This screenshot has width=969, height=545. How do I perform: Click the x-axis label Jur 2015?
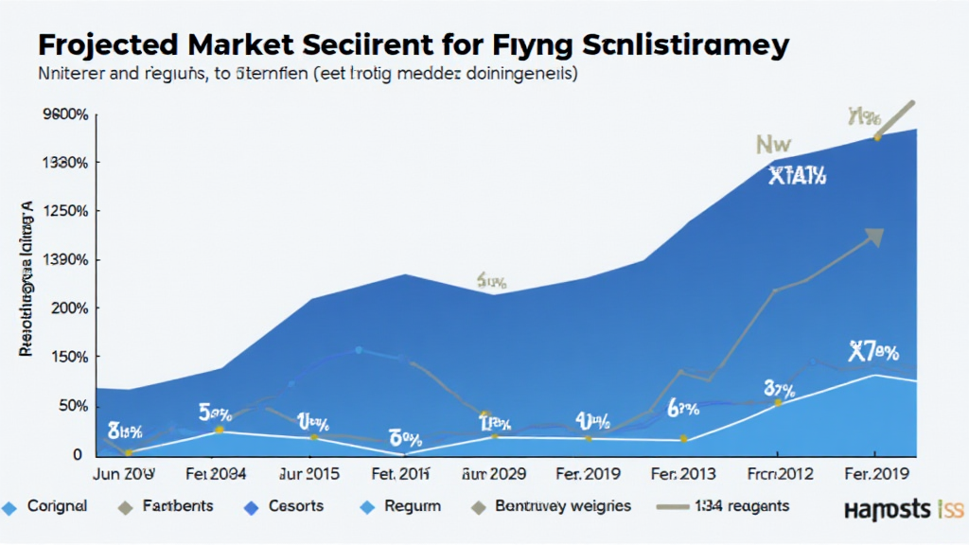point(308,473)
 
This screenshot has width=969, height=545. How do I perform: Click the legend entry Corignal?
point(56,506)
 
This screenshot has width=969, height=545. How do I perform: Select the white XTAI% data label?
point(797,175)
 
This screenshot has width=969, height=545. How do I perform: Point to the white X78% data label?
point(872,353)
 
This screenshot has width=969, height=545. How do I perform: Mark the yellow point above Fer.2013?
point(682,439)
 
